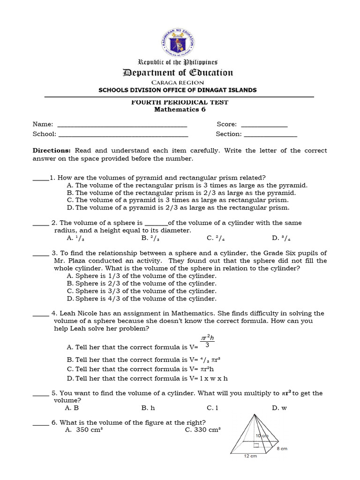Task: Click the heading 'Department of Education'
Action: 177,72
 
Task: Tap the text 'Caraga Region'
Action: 177,82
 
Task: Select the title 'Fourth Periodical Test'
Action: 180,102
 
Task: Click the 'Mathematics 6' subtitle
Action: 180,110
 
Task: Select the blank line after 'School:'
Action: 123,135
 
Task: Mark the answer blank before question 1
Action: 40,178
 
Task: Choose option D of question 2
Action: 278,238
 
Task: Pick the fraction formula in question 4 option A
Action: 207,341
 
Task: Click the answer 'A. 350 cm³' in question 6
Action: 84,429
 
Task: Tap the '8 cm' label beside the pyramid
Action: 281,449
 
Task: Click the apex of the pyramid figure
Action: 254,415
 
